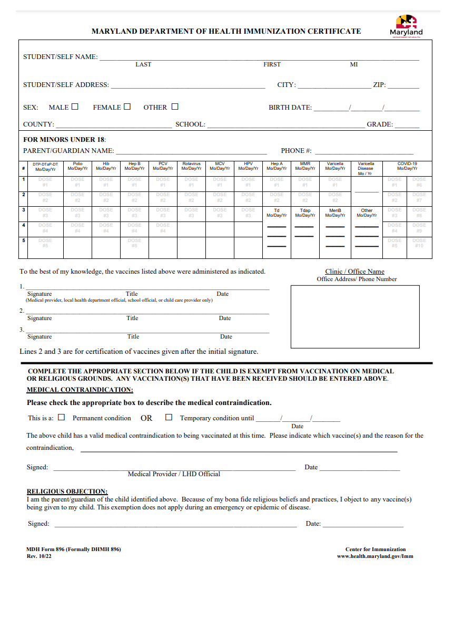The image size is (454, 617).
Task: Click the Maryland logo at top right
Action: [x=406, y=26]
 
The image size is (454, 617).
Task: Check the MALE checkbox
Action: [x=75, y=107]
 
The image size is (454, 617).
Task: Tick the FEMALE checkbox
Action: [x=127, y=107]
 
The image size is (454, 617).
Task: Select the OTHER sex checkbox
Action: [x=175, y=107]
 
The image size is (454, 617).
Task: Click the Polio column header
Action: [x=77, y=167]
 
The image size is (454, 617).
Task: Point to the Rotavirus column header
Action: [x=191, y=167]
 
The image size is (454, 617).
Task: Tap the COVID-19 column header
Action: [x=407, y=167]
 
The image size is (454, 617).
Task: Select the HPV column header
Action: [x=248, y=167]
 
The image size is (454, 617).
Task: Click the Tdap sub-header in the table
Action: [x=305, y=213]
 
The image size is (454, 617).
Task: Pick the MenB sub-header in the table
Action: [x=335, y=213]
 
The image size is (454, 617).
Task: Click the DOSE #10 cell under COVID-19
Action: [x=419, y=243]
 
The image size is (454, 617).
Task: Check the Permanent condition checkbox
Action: [x=62, y=417]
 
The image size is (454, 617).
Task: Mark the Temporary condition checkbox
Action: [x=169, y=417]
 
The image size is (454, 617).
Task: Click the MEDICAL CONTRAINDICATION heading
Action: [x=80, y=390]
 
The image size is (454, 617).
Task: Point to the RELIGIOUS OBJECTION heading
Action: [x=67, y=491]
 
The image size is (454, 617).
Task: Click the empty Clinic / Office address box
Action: [x=355, y=316]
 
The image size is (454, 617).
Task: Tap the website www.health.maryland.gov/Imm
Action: [x=375, y=556]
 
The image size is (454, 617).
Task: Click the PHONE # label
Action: [x=296, y=151]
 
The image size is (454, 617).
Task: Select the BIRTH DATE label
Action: [x=290, y=108]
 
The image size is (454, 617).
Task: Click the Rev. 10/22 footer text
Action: [x=39, y=556]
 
